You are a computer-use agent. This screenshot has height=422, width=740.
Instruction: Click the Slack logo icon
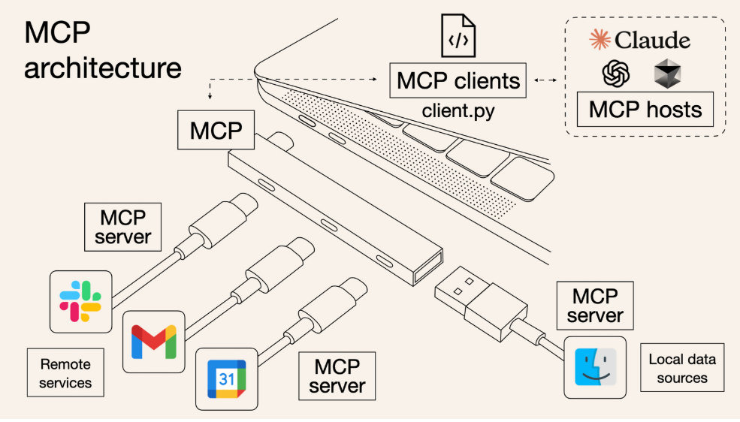pyautogui.click(x=80, y=301)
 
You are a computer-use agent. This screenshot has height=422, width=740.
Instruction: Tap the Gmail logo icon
pyautogui.click(x=153, y=342)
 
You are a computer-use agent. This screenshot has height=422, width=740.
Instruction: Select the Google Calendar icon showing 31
pyautogui.click(x=226, y=378)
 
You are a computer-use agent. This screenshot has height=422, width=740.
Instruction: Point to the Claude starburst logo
pyautogui.click(x=600, y=39)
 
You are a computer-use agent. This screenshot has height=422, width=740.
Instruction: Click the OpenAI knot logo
pyautogui.click(x=615, y=74)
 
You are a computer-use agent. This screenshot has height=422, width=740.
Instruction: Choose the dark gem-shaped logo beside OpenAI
pyautogui.click(x=666, y=74)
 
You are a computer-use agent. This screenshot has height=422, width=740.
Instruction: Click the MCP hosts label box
pyautogui.click(x=645, y=110)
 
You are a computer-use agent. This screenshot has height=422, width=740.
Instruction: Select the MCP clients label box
pyautogui.click(x=458, y=80)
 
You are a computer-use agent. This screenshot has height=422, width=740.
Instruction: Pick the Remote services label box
pyautogui.click(x=65, y=373)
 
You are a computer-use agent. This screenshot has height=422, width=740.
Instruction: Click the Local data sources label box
pyautogui.click(x=682, y=368)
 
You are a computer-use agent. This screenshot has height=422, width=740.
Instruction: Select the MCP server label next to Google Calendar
pyautogui.click(x=337, y=376)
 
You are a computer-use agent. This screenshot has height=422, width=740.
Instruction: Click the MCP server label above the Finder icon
pyautogui.click(x=595, y=304)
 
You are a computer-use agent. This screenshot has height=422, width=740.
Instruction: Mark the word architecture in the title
pyautogui.click(x=103, y=68)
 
